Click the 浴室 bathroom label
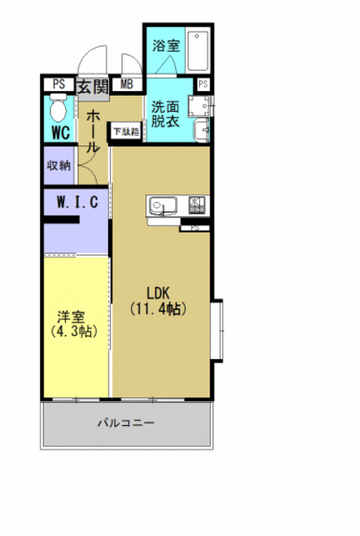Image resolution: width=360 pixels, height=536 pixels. tap(167, 45)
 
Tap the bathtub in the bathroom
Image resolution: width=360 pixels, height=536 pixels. tap(198, 53)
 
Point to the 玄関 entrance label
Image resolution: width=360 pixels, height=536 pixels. tap(93, 86)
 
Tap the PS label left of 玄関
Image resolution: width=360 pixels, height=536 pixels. tap(58, 85)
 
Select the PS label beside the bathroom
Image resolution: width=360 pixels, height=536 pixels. tap(203, 86)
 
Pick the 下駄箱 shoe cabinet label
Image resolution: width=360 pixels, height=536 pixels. tap(125, 130)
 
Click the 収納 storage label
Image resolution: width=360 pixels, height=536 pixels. tap(57, 165)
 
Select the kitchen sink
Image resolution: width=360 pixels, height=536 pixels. tap(160, 205)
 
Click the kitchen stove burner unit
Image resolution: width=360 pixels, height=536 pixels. tap(198, 204)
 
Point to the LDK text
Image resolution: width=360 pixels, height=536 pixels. tap(158, 293)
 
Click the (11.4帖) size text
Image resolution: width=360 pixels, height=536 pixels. tap(158, 309)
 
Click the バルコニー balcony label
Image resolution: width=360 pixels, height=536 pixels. tap(125, 422)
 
